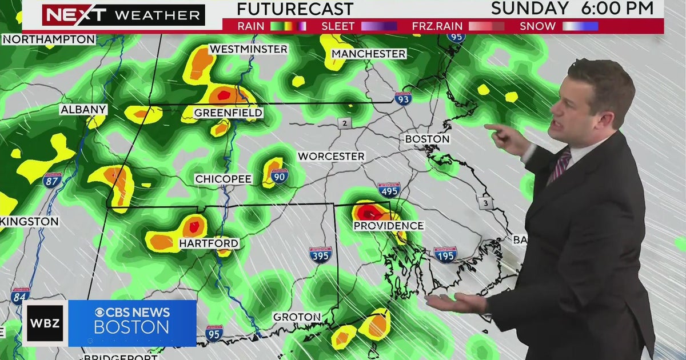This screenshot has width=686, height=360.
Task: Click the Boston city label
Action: pos(427,139)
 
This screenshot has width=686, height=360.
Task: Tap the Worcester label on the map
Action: pos(331,156)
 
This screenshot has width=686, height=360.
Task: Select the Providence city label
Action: pos(388,226)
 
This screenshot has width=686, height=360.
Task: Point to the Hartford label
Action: pos(209,243)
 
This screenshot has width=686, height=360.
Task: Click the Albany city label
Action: pos(83,109)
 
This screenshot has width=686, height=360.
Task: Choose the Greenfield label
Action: pos(228,113)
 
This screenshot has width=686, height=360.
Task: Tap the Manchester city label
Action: pos(369,54)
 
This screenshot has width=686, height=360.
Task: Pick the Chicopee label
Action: pos(224,179)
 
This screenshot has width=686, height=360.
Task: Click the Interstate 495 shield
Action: pos(389,190)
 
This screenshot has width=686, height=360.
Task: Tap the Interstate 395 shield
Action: pos(321,254)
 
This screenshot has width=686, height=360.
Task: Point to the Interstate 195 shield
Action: pos(445,254)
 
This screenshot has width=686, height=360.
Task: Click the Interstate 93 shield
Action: pos(403,98)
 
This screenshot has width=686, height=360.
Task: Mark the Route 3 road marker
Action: pos(485,203)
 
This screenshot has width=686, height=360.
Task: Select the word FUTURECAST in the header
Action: pos(295,9)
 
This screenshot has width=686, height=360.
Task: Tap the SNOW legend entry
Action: pos(537,26)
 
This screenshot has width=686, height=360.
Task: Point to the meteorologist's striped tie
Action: pos(559,166)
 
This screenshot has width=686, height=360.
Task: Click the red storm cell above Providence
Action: pos(369,213)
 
